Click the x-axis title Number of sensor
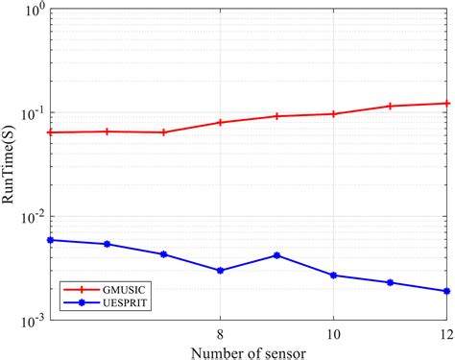pyautogui.click(x=250, y=351)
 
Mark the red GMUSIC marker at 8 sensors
pyautogui.click(x=220, y=123)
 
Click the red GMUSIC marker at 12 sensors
pyautogui.click(x=446, y=103)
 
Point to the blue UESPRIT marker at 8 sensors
pyautogui.click(x=220, y=271)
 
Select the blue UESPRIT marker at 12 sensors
pyautogui.click(x=446, y=291)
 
